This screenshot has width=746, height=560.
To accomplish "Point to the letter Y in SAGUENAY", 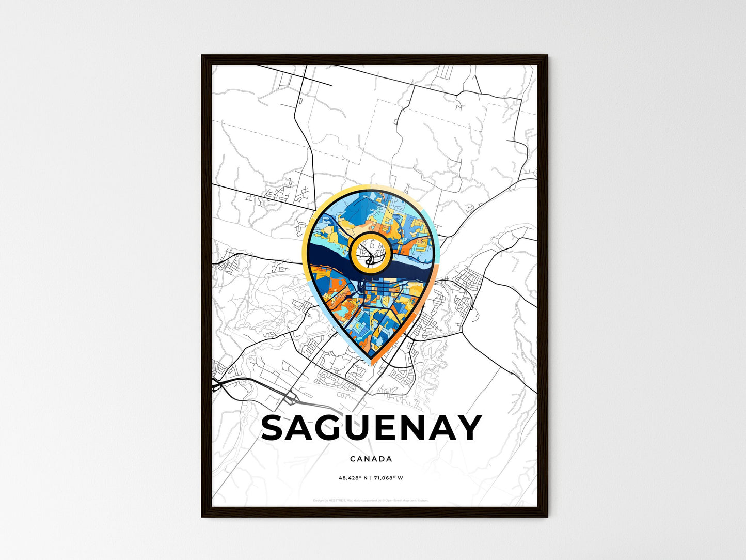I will (468, 428).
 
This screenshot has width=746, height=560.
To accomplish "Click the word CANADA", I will (371, 459).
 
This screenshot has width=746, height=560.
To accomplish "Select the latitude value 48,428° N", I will (353, 478).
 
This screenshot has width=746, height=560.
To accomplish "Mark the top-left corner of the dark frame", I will (202, 55).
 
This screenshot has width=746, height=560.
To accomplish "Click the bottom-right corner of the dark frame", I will (547, 517).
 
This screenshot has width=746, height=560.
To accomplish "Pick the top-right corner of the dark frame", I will (547, 55).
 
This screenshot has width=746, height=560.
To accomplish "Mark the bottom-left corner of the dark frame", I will (202, 517).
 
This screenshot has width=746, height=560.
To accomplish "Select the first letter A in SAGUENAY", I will (305, 428).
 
